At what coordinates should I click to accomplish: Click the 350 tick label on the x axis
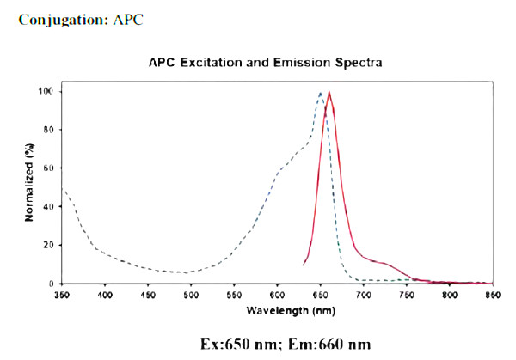pyautogui.click(x=61, y=295)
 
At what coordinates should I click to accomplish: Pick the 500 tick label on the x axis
pyautogui.click(x=191, y=295)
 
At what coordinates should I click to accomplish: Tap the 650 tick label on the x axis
pyautogui.click(x=320, y=295)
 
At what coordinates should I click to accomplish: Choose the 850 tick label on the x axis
pyautogui.click(x=492, y=295)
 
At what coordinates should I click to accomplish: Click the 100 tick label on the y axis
pyautogui.click(x=47, y=91)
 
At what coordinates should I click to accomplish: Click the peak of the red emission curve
pyautogui.click(x=329, y=93)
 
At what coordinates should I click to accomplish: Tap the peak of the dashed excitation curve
pyautogui.click(x=321, y=93)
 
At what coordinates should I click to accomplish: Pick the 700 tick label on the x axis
pyautogui.click(x=363, y=295)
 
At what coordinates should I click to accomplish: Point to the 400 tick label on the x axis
pyautogui.click(x=105, y=295)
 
